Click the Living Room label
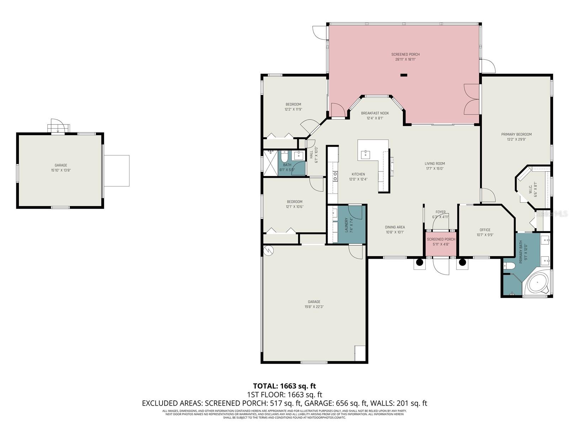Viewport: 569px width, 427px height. point(435,164)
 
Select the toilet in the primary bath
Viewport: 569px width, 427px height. point(509,266)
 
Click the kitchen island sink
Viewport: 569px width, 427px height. point(365,154)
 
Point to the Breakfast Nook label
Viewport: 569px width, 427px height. point(375,113)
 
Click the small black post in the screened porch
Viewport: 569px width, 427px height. point(404,75)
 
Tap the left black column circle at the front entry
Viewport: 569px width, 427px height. point(419,263)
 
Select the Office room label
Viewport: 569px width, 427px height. point(485,230)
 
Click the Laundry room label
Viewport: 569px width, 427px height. point(346,225)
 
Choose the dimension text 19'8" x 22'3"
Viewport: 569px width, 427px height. point(314,307)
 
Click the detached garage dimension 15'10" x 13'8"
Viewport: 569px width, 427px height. point(61,170)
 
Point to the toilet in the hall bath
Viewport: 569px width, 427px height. point(284,156)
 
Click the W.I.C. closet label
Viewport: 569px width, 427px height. point(530,189)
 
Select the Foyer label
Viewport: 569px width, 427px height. point(440,212)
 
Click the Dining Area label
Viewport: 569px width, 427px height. point(395,227)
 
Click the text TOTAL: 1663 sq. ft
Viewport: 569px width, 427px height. point(284,386)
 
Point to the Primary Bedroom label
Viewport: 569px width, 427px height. point(516,134)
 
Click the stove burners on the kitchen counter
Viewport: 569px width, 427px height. point(335,175)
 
